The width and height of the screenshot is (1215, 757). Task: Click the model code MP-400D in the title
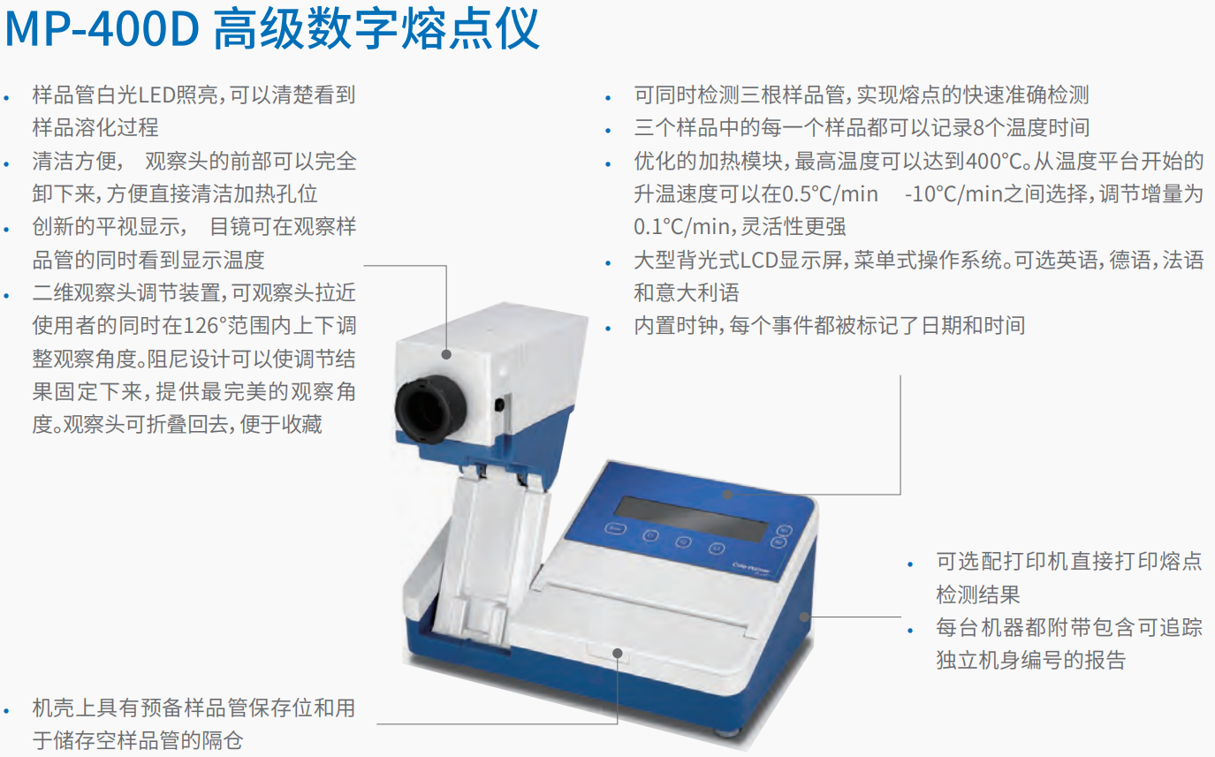tap(102, 29)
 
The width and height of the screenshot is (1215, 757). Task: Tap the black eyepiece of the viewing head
tap(430, 409)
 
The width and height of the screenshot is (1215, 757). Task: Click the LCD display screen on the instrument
tap(692, 519)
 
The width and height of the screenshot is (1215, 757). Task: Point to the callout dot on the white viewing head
tap(446, 354)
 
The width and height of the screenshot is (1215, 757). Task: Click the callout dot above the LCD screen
tap(728, 495)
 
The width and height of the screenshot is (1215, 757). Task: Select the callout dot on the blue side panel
tap(805, 617)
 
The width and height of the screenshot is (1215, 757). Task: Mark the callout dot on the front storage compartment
tap(618, 653)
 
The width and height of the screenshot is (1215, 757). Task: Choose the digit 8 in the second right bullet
tap(978, 128)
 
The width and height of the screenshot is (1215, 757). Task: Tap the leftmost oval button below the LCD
tap(615, 528)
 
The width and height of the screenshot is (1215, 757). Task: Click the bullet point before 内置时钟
tap(608, 328)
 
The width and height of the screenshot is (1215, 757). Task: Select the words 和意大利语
tap(687, 293)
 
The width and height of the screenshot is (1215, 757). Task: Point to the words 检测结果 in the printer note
tap(978, 594)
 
